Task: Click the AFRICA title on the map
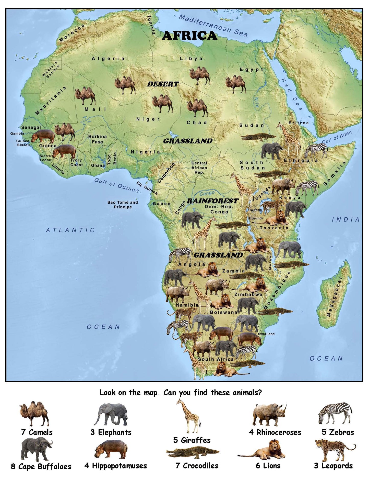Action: (189, 36)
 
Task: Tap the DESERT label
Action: (163, 84)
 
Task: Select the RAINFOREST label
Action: (212, 201)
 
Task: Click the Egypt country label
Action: (251, 69)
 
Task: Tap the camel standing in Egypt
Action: (235, 84)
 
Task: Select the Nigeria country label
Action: (145, 152)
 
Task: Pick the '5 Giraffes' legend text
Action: (192, 440)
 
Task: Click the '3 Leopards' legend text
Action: (333, 466)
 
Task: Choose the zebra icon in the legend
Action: (335, 413)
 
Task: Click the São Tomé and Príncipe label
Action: (123, 204)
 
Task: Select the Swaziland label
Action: (266, 334)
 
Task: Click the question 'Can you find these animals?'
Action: (212, 392)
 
